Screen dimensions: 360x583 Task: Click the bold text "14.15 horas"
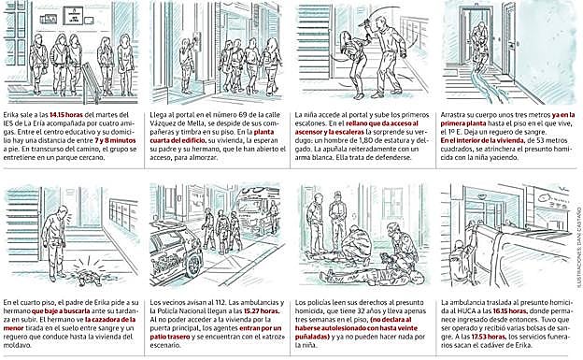coord(66,110)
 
